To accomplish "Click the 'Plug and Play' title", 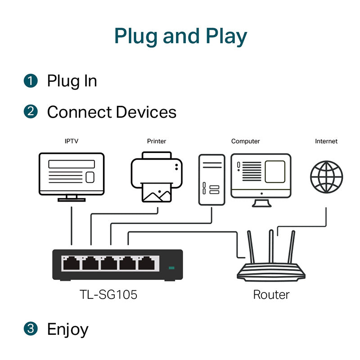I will [180, 36].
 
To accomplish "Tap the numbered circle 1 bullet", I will [30, 81].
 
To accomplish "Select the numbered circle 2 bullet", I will [30, 112].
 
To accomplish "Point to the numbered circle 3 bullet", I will [30, 329].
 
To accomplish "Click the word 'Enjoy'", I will [67, 329].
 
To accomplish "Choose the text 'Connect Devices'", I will [112, 112].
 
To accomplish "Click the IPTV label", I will [71, 141].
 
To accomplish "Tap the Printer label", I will [156, 141].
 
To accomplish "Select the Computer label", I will [245, 141].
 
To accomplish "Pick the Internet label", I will [326, 141].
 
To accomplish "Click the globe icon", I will [326, 177].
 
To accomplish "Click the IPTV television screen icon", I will [72, 174].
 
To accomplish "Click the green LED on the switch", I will [171, 269].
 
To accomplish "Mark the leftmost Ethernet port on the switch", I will [71, 263].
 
